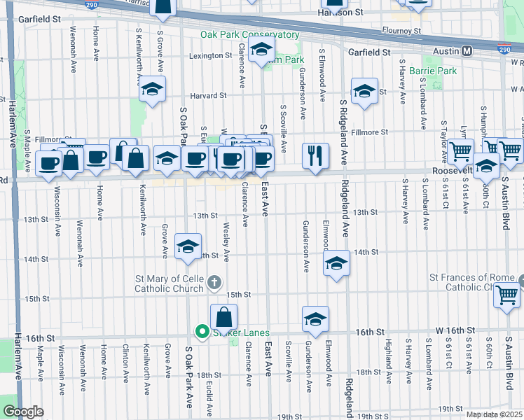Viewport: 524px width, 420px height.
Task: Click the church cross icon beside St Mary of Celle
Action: pyautogui.click(x=215, y=283)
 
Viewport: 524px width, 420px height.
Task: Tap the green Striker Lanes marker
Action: pyautogui.click(x=202, y=332)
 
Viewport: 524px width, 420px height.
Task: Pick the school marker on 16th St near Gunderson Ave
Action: pyautogui.click(x=316, y=318)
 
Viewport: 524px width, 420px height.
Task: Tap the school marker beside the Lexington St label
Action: pyautogui.click(x=261, y=50)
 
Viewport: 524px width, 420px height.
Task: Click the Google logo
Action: pyautogui.click(x=22, y=412)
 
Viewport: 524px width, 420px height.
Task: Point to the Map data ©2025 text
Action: pyautogui.click(x=494, y=414)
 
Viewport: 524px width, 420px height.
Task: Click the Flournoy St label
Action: pyautogui.click(x=401, y=31)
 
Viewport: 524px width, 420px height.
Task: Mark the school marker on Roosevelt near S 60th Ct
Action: pyautogui.click(x=486, y=166)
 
